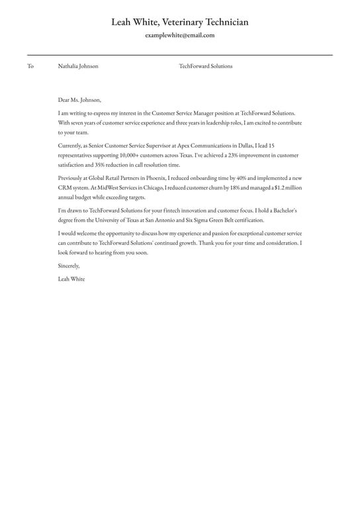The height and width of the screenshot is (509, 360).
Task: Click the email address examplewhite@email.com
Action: pyautogui.click(x=180, y=36)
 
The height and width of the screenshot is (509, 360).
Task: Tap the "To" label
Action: pyautogui.click(x=30, y=66)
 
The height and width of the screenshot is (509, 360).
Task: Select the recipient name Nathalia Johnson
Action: pyautogui.click(x=78, y=66)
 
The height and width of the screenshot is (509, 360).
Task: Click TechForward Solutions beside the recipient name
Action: pyautogui.click(x=206, y=66)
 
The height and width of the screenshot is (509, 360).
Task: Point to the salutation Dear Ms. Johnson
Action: pyautogui.click(x=79, y=100)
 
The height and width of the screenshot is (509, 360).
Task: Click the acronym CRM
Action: pyautogui.click(x=66, y=188)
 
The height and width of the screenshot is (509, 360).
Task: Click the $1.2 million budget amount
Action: pyautogui.click(x=284, y=188)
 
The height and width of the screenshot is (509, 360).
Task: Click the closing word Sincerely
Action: pyautogui.click(x=69, y=265)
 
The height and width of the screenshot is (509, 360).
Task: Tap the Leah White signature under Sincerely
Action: pyautogui.click(x=71, y=279)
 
